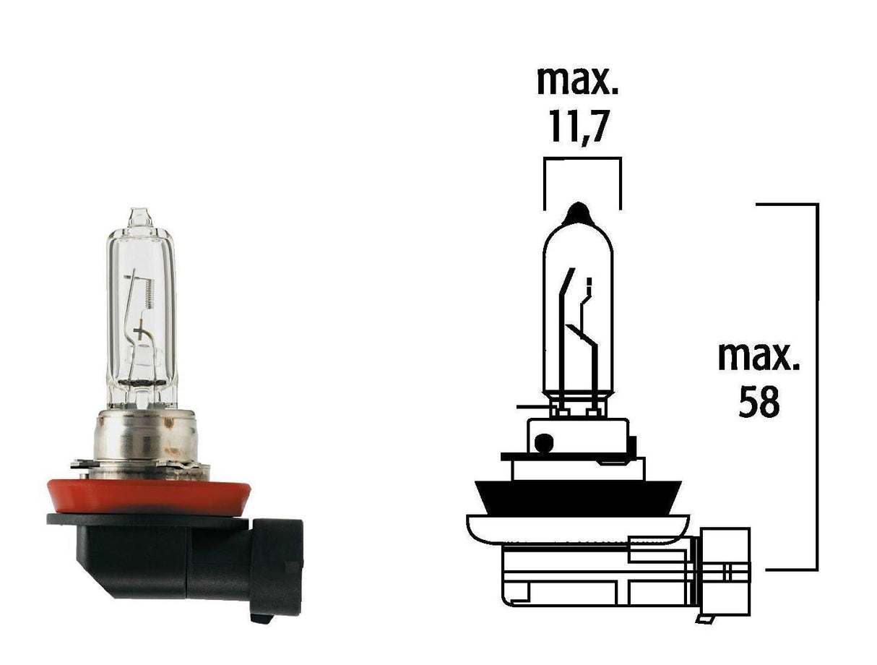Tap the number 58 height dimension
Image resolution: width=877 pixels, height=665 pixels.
point(759,403)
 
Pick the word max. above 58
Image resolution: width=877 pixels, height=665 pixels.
point(759,358)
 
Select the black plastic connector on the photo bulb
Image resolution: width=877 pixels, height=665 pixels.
point(181,557)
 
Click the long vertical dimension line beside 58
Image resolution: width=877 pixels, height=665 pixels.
point(817,387)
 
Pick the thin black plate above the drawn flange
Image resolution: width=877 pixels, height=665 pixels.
point(571,456)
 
